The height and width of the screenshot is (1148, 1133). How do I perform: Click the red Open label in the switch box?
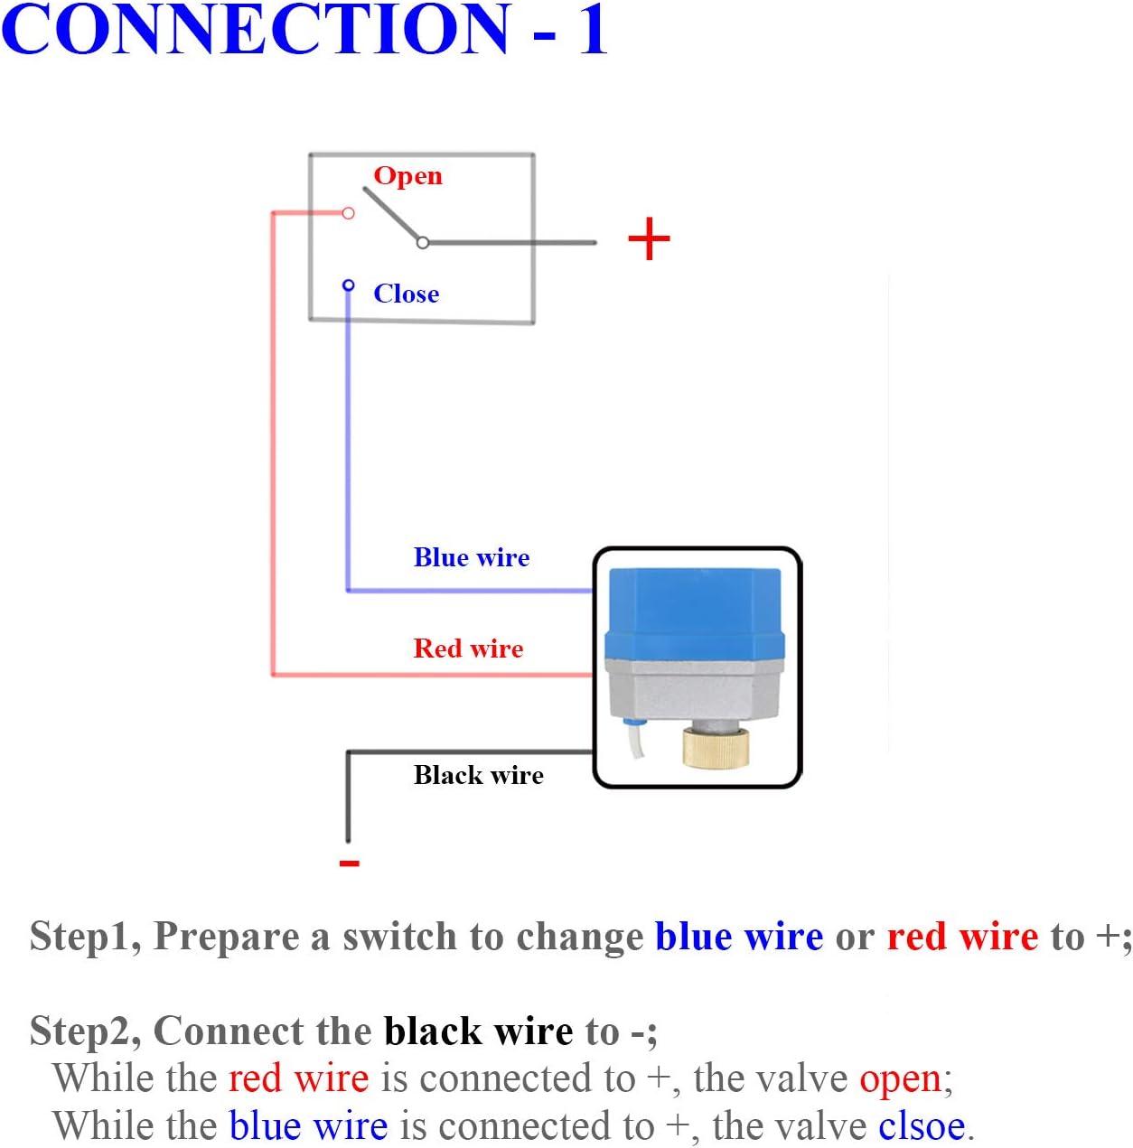coord(407,176)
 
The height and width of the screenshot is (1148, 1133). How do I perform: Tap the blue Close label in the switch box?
coord(406,294)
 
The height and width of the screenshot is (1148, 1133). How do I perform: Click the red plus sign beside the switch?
coord(649,240)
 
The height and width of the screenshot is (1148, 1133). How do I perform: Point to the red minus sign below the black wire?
coord(349,863)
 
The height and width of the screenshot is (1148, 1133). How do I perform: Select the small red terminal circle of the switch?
coord(348,213)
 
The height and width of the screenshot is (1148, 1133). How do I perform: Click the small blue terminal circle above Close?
coord(348,285)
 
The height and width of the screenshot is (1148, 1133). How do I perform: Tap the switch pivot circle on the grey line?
coord(422,242)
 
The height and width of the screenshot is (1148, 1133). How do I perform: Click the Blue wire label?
coord(471,557)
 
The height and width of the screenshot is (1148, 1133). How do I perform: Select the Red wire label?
coord(468,649)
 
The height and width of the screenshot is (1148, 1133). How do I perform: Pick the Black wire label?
coord(478,775)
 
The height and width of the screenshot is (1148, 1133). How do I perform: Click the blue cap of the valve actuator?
coord(694,610)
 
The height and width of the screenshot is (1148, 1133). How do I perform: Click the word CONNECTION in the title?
coord(256,29)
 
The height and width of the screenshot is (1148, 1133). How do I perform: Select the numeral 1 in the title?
coord(593,29)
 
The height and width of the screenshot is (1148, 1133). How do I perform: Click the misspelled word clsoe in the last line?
coord(922,1126)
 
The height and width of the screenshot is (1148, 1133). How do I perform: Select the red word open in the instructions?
coord(901,1078)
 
